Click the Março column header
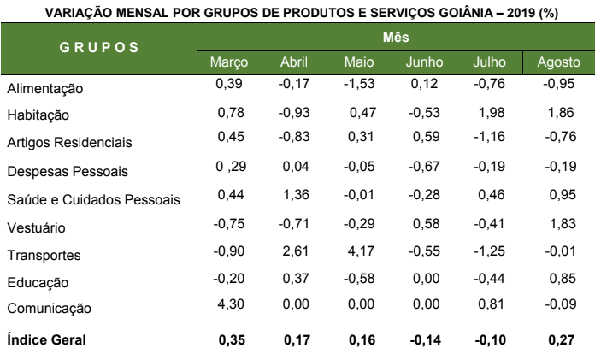pos(229,62)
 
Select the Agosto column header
pos(558,62)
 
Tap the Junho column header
pos(426,62)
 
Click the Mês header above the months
pos(394,38)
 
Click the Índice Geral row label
pos(46,339)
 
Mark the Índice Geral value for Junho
pos(425,339)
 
